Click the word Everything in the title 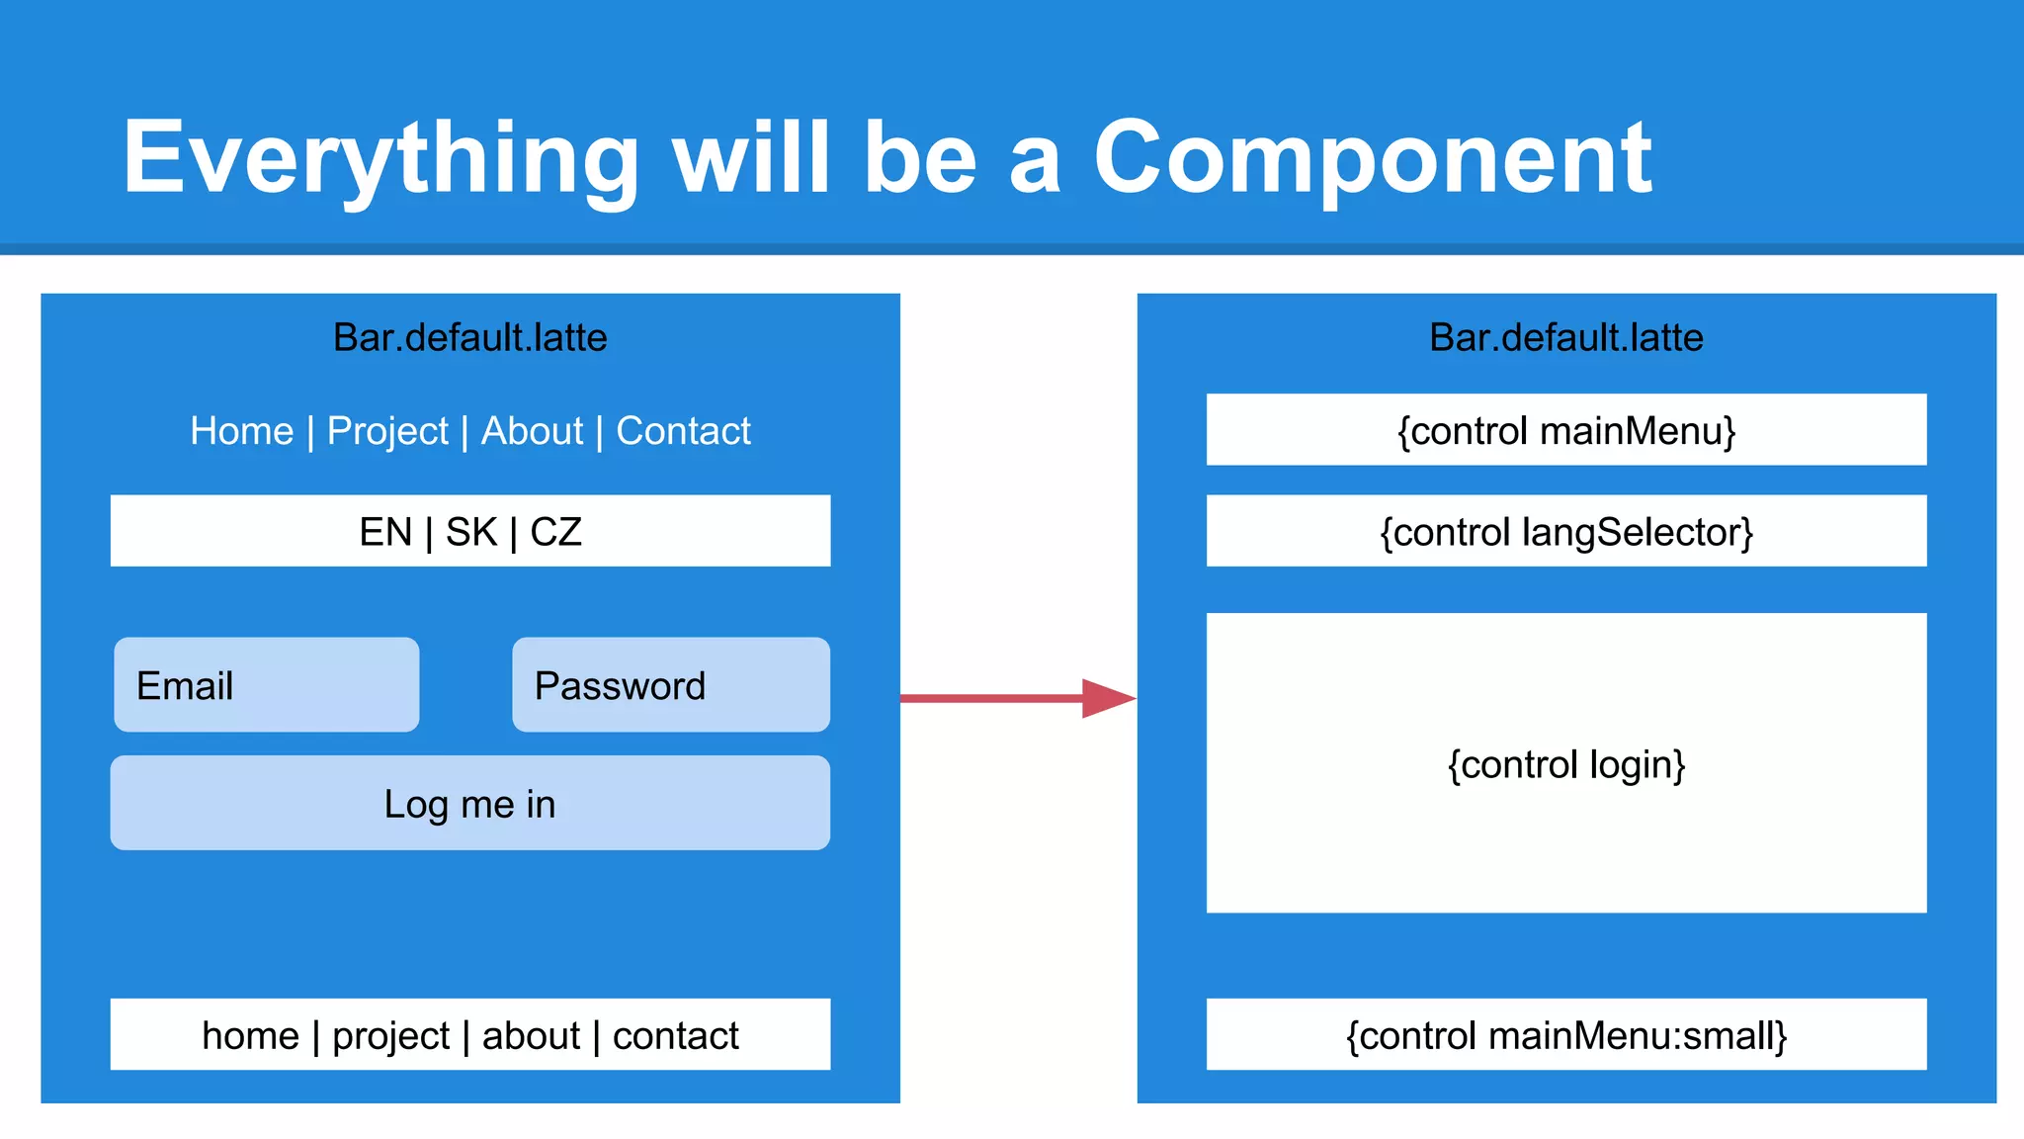pyautogui.click(x=380, y=158)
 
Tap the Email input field pyautogui.click(x=266, y=685)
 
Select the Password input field pyautogui.click(x=670, y=685)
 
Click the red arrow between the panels pyautogui.click(x=1018, y=698)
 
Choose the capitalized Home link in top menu pyautogui.click(x=242, y=431)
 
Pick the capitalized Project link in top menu pyautogui.click(x=387, y=431)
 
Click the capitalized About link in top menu pyautogui.click(x=532, y=431)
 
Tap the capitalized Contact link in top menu pyautogui.click(x=683, y=431)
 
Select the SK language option pyautogui.click(x=471, y=532)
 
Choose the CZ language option pyautogui.click(x=555, y=532)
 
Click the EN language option pyautogui.click(x=385, y=532)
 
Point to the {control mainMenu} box pyautogui.click(x=1565, y=431)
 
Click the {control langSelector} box pyautogui.click(x=1565, y=532)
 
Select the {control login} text pyautogui.click(x=1565, y=764)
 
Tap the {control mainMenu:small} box pyautogui.click(x=1565, y=1035)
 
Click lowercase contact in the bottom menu pyautogui.click(x=675, y=1035)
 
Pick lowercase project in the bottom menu pyautogui.click(x=390, y=1035)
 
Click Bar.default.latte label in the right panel pyautogui.click(x=1565, y=338)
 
